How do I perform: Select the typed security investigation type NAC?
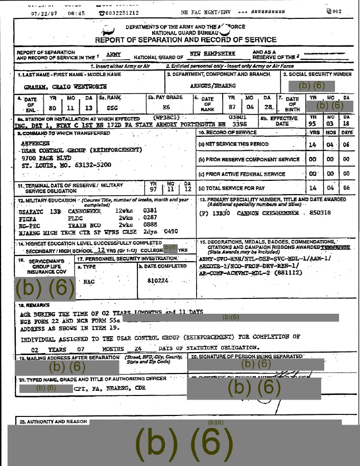[x=88, y=282]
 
